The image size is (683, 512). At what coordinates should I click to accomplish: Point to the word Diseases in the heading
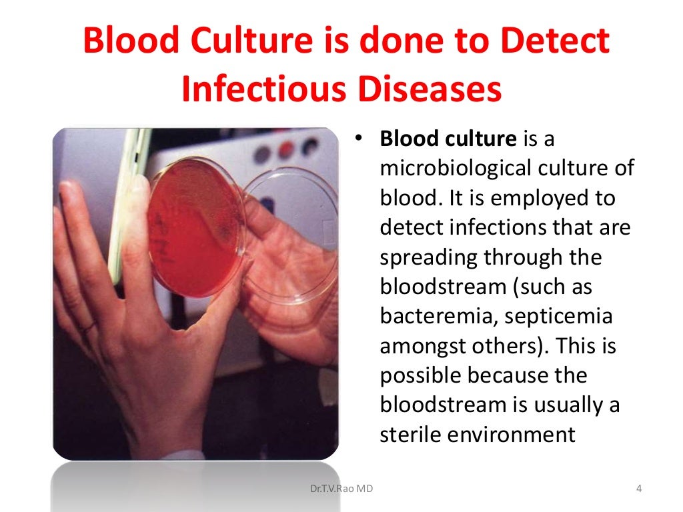pyautogui.click(x=427, y=89)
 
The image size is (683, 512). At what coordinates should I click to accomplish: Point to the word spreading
pyautogui.click(x=428, y=257)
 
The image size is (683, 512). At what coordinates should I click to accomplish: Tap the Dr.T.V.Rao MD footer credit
pyautogui.click(x=342, y=489)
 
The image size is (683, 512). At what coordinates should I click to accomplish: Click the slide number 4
pyautogui.click(x=638, y=489)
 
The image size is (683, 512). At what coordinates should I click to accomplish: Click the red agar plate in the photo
pyautogui.click(x=193, y=227)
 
